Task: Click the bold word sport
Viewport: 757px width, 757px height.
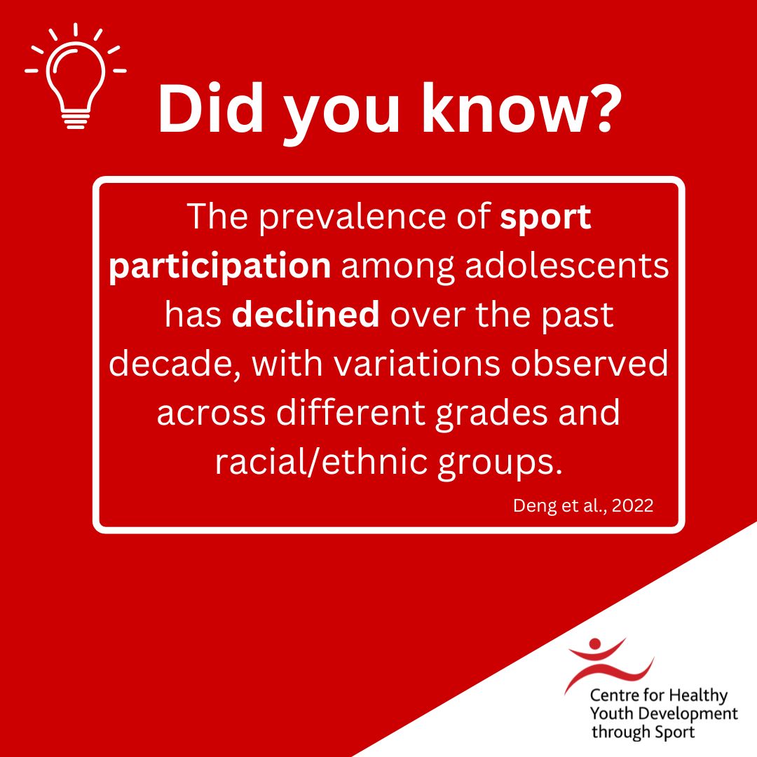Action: (545, 218)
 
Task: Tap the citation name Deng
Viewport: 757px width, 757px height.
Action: (533, 505)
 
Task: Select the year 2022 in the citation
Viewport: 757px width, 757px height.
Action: (632, 505)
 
